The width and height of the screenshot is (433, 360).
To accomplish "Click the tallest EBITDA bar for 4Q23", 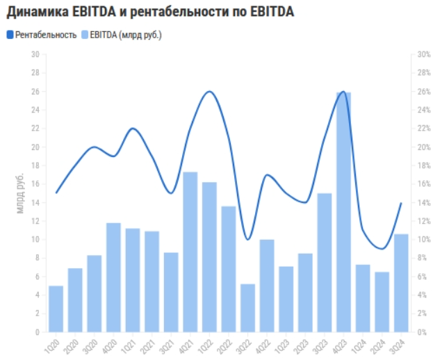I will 343,212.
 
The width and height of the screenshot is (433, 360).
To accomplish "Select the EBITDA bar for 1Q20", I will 56,309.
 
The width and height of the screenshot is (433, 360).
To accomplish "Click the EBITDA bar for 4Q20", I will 113,277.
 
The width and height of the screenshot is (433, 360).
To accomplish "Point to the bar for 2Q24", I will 382,302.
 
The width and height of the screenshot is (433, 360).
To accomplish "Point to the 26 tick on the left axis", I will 34,92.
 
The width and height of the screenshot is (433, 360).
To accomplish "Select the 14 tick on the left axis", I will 34,203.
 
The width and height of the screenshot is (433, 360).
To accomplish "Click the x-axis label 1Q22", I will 206,345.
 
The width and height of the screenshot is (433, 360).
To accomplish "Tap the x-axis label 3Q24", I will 398,345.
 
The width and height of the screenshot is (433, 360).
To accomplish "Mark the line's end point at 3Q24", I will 401,203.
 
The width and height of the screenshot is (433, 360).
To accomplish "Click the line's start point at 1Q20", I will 56,193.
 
